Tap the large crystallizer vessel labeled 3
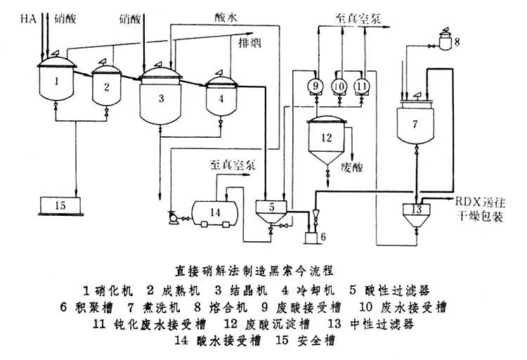point(161,98)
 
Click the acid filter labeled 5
point(271,208)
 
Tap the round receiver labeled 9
point(315,85)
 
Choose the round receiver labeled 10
point(339,85)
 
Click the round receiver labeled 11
point(362,85)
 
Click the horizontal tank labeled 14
point(215,212)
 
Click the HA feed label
point(30,18)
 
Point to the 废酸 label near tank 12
point(350,167)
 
